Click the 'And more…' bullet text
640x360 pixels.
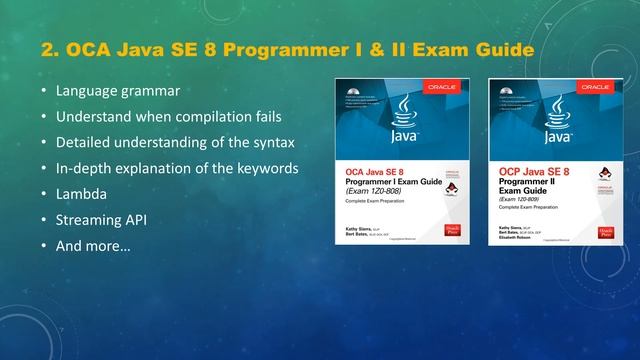(x=93, y=245)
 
